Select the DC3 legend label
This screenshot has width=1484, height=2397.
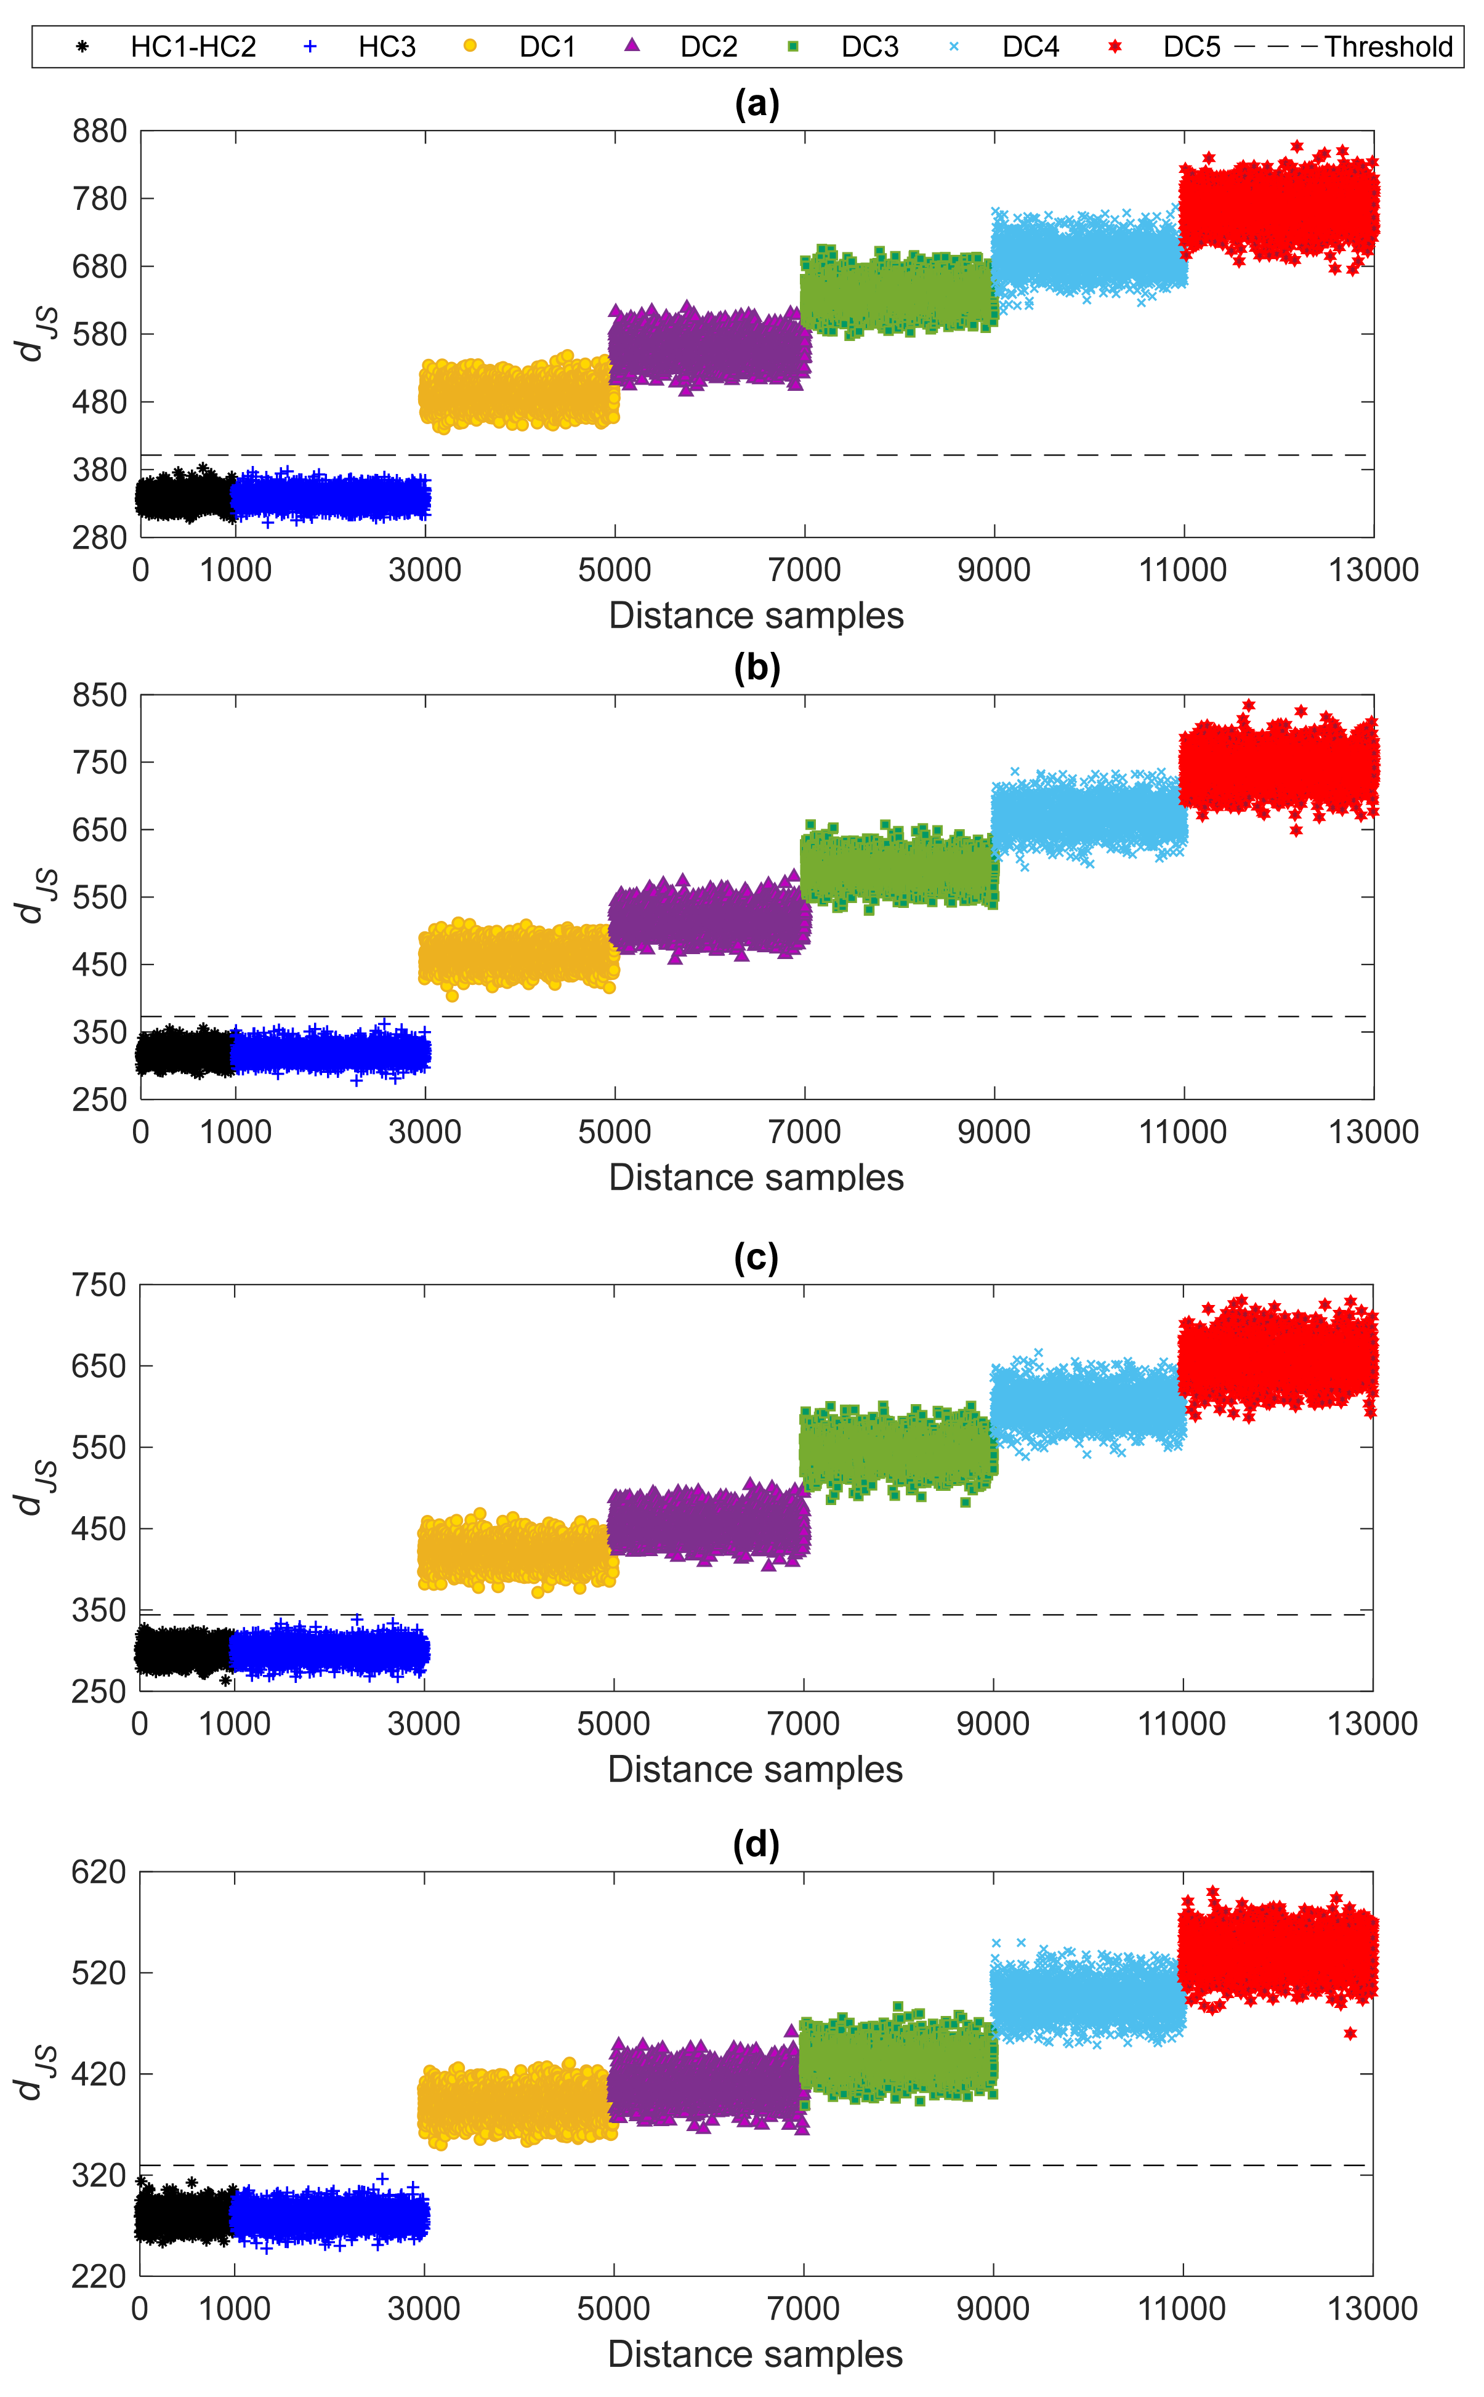tap(869, 47)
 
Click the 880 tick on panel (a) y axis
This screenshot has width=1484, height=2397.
tap(99, 132)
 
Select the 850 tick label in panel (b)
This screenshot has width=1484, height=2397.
tap(99, 695)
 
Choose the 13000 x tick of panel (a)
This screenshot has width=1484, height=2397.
tap(1373, 570)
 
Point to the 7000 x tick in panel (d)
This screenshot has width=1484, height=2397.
tap(803, 2309)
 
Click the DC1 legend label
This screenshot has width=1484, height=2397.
tap(547, 47)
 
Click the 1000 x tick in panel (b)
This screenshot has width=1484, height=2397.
tap(236, 1131)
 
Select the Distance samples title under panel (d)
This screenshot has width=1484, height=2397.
tap(755, 2354)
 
